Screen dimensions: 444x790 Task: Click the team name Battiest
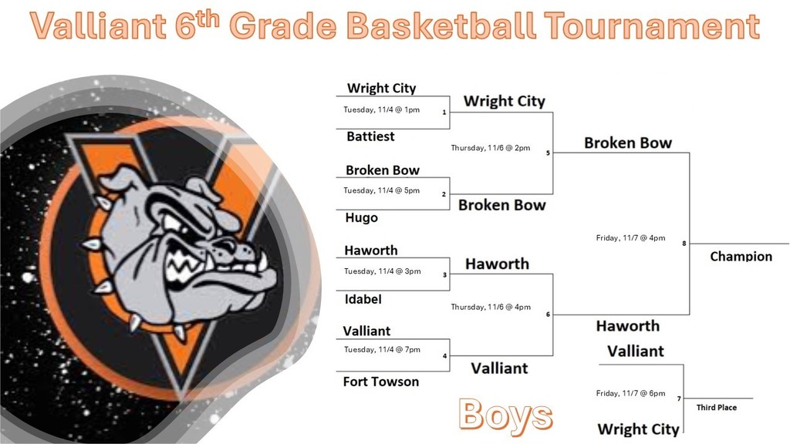[370, 136]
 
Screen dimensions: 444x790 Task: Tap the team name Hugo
[361, 218]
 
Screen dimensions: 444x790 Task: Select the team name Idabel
[363, 299]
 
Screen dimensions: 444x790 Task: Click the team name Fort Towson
[381, 382]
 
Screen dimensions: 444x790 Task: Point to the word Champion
[741, 257]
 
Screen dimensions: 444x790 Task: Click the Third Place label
[716, 408]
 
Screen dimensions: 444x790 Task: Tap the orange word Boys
[505, 415]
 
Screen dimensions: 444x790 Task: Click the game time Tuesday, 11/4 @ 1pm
[381, 110]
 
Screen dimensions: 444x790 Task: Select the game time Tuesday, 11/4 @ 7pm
[382, 350]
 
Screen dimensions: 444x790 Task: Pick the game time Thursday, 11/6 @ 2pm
[491, 148]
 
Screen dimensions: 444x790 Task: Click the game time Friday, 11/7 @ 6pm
[630, 394]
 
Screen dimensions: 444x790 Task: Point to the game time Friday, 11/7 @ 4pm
[630, 238]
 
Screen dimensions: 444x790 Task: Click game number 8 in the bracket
[684, 244]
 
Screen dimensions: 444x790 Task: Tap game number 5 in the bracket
[548, 153]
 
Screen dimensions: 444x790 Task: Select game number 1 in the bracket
[444, 113]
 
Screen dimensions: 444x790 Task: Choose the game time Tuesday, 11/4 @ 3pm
[381, 271]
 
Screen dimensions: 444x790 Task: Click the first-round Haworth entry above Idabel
[371, 251]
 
